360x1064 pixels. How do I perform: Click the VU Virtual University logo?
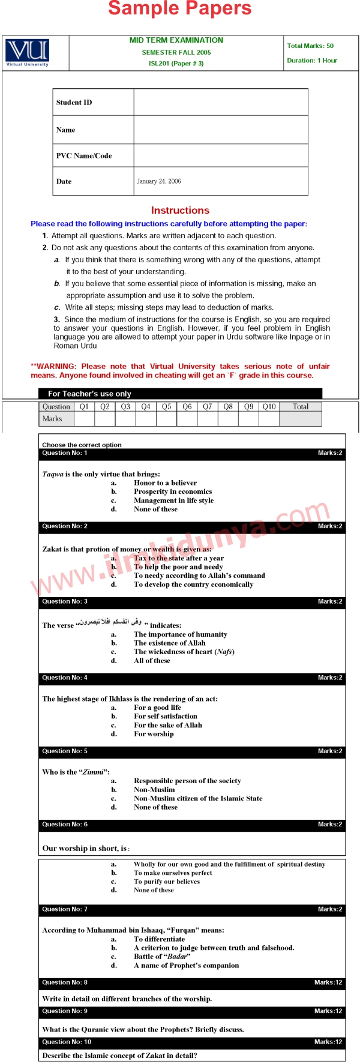click(27, 53)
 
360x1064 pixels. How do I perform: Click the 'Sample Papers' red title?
click(180, 8)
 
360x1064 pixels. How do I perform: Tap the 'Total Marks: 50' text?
click(310, 46)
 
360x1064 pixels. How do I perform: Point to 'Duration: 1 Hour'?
click(312, 61)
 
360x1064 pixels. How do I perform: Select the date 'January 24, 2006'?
click(159, 181)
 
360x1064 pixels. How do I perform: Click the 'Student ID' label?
click(74, 103)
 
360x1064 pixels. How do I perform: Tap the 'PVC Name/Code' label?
click(84, 156)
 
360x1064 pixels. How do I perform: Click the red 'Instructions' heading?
click(180, 211)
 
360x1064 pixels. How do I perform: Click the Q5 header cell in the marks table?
click(166, 407)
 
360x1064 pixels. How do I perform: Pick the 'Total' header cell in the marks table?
click(301, 407)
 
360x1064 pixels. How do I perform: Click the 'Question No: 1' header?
click(65, 453)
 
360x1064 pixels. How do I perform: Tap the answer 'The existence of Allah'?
click(170, 643)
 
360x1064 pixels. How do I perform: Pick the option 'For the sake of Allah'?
click(168, 725)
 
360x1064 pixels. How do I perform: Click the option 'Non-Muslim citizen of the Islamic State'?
click(198, 798)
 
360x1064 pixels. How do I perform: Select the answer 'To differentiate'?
click(159, 939)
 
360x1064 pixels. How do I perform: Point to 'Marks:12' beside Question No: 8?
click(328, 982)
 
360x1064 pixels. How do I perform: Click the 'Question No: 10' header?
click(67, 1042)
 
